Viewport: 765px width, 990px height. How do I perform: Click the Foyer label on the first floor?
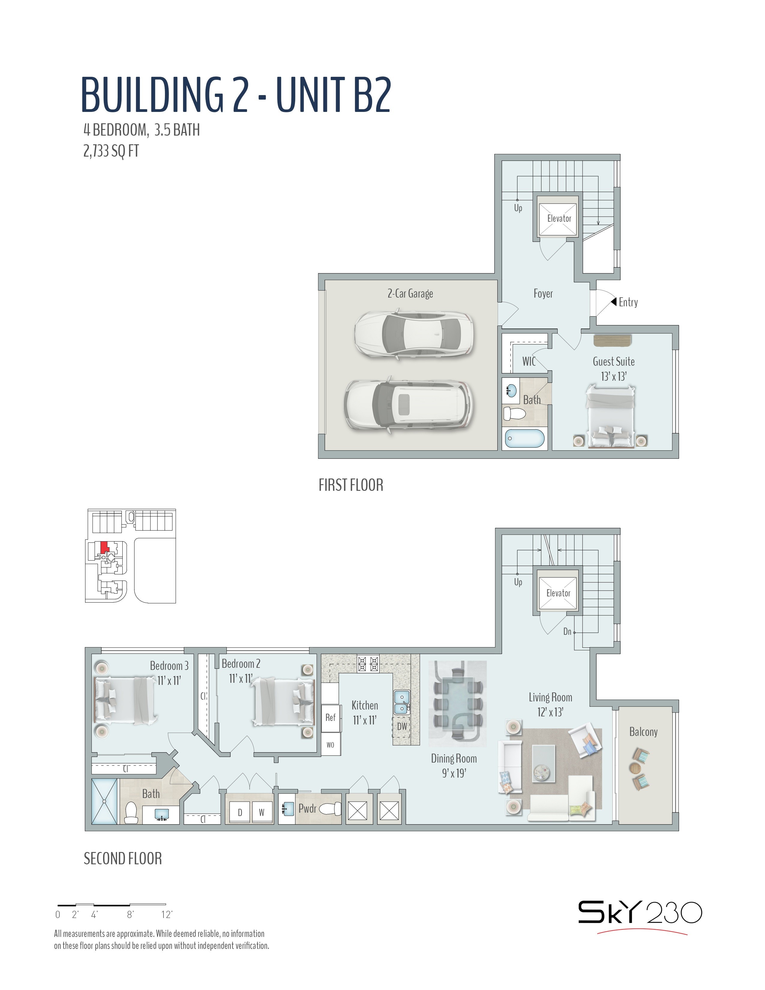pyautogui.click(x=543, y=294)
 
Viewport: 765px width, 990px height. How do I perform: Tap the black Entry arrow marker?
pyautogui.click(x=613, y=301)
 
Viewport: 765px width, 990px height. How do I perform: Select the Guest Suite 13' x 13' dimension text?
pyautogui.click(x=613, y=376)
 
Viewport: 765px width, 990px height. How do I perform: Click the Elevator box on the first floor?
pyautogui.click(x=558, y=216)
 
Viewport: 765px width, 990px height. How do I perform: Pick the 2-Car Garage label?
pyautogui.click(x=410, y=294)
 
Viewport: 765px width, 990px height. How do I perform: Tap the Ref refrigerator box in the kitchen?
pyautogui.click(x=330, y=718)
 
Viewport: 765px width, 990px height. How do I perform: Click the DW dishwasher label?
pyautogui.click(x=402, y=726)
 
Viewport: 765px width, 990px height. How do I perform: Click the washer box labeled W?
pyautogui.click(x=262, y=812)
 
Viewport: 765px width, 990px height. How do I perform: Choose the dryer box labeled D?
pyautogui.click(x=240, y=812)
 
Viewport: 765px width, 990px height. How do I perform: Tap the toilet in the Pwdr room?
pyautogui.click(x=330, y=809)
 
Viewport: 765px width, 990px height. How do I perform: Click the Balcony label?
pyautogui.click(x=643, y=732)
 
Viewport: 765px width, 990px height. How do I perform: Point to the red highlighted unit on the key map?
pyautogui.click(x=104, y=546)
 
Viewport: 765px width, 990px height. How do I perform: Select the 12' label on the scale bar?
pyautogui.click(x=167, y=914)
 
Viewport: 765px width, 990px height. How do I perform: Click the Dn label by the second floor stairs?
pyautogui.click(x=567, y=631)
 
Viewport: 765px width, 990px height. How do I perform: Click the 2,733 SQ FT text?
pyautogui.click(x=111, y=151)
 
